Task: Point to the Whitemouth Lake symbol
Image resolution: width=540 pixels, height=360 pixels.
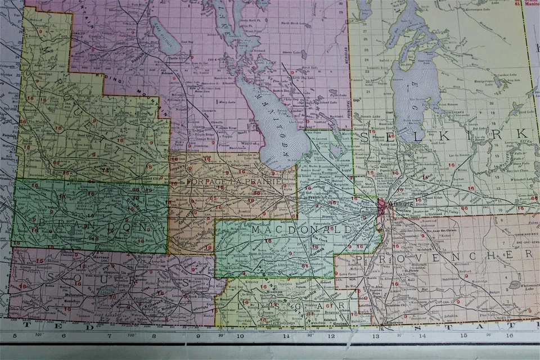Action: click(x=514, y=285)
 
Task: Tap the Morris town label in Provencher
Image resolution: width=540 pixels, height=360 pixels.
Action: click(x=372, y=278)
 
